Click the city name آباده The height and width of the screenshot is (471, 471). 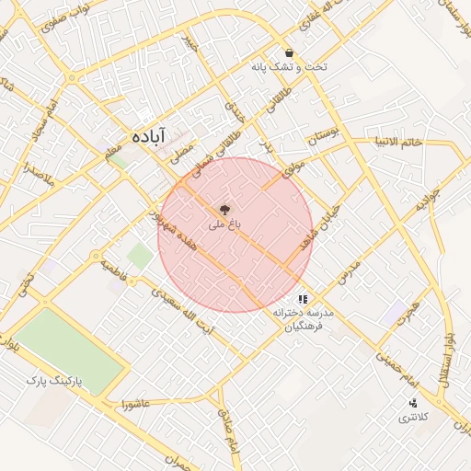148,134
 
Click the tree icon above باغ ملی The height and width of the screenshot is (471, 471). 226,209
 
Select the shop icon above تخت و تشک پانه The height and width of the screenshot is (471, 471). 290,53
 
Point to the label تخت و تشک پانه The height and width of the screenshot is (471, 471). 288,68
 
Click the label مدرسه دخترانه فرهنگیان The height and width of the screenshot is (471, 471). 303,319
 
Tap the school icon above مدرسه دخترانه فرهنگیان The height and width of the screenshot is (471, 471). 303,299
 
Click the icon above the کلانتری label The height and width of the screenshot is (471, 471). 412,402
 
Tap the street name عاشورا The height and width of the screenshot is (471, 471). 135,403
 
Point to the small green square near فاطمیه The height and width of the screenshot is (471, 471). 140,256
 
